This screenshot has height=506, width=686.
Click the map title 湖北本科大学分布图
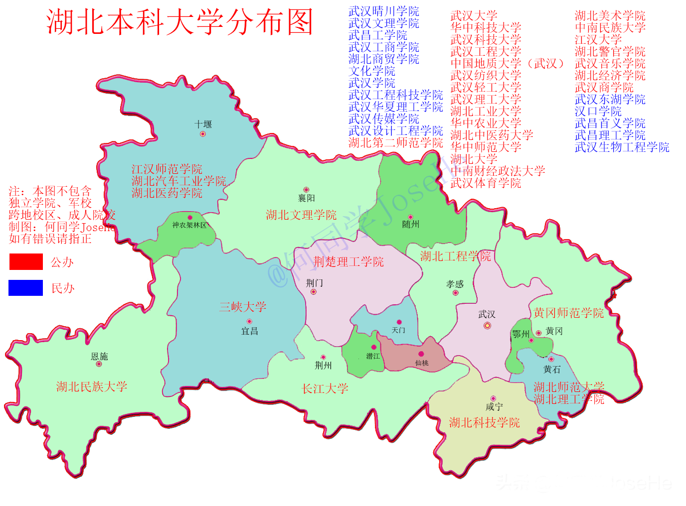point(179,22)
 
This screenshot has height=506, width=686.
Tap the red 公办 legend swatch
point(26,262)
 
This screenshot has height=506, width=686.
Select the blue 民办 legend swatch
point(26,288)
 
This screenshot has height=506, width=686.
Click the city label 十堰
point(203,124)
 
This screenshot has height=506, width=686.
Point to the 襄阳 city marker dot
point(306,190)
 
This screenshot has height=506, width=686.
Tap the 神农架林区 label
point(189,225)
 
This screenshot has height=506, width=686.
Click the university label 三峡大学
point(243,307)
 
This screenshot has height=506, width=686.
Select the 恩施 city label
point(99,356)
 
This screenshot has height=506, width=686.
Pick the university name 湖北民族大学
point(92,386)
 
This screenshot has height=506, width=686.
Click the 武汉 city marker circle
point(487,326)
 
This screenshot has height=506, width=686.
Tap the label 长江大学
point(325,388)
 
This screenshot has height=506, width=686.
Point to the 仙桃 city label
point(422,363)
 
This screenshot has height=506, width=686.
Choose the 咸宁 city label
point(494,407)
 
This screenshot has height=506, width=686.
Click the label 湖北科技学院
point(484,423)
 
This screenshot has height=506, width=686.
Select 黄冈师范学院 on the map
point(568,313)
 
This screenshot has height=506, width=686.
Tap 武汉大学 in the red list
point(474,16)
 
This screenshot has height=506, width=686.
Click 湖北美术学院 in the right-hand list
point(610,16)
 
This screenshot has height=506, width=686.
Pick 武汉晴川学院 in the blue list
point(383,11)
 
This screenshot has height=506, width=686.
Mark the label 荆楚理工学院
point(348,261)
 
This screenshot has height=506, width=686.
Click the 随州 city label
point(411,225)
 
